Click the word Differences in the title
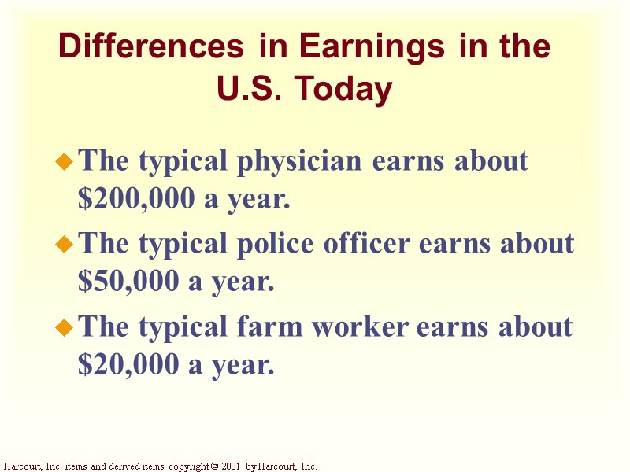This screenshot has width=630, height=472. [150, 47]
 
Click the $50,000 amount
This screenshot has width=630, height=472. [126, 282]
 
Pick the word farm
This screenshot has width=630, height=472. [267, 326]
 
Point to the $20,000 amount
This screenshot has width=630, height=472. [126, 364]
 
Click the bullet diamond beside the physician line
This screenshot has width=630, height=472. [64, 163]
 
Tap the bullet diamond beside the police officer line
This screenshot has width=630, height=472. [64, 245]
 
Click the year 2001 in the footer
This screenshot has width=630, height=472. [230, 466]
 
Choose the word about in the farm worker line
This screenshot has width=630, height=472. [534, 326]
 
